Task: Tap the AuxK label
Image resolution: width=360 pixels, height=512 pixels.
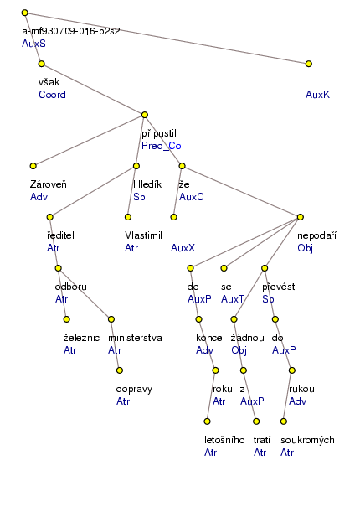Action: pos(318,95)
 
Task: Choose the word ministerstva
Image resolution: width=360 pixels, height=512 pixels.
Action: pos(135,337)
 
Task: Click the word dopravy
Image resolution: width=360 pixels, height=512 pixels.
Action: pos(133,389)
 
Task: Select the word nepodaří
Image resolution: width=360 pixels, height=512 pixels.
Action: pos(316,235)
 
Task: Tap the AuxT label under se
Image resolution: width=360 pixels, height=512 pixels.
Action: pos(233,297)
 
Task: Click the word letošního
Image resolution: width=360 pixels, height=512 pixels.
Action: pos(224,440)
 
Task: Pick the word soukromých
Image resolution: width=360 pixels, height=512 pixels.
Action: pos(308,440)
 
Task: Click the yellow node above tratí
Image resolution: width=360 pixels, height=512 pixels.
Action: pos(242,370)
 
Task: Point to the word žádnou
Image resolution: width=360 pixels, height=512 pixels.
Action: pos(248,337)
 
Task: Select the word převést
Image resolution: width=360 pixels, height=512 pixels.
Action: pos(280,286)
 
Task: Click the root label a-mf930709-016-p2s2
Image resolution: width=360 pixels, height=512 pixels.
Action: pos(70,30)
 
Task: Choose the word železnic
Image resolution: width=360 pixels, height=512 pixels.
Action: pos(82,337)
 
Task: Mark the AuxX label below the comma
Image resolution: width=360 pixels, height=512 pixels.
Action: pos(183,248)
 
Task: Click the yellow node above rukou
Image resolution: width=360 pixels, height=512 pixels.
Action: pos(291,370)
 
